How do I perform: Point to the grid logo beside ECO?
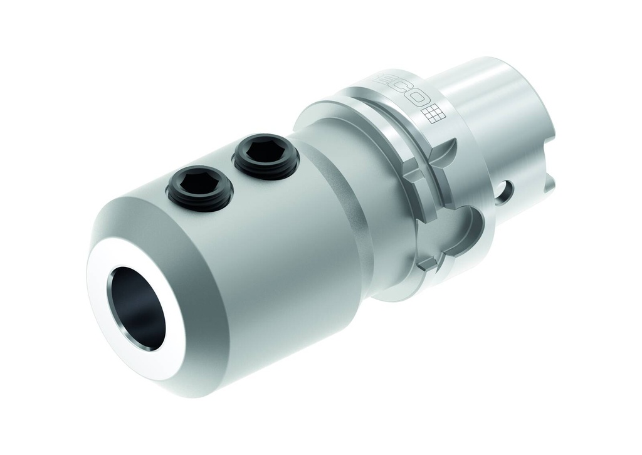pyautogui.click(x=434, y=114)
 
